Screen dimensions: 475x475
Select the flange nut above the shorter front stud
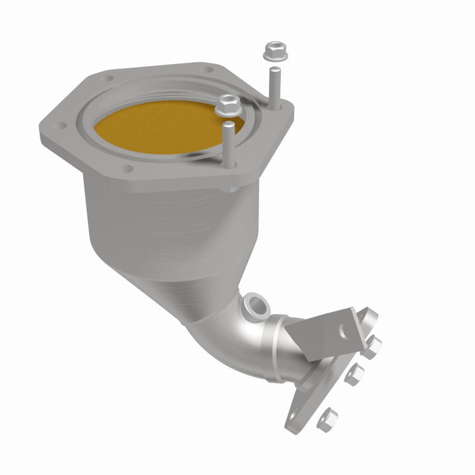coord(228,104)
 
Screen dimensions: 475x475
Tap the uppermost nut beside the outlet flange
coord(372,345)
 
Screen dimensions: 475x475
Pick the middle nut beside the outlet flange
coord(354,374)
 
